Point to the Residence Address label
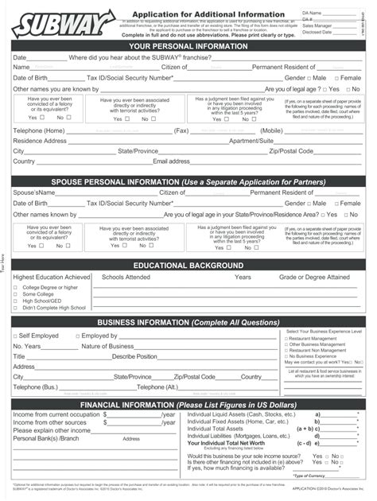pos(40,140)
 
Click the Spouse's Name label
pos(34,192)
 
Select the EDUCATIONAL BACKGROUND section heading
pos(188,265)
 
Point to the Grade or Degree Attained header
pos(313,277)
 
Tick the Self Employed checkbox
pos(15,336)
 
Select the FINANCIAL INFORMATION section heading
pos(188,404)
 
